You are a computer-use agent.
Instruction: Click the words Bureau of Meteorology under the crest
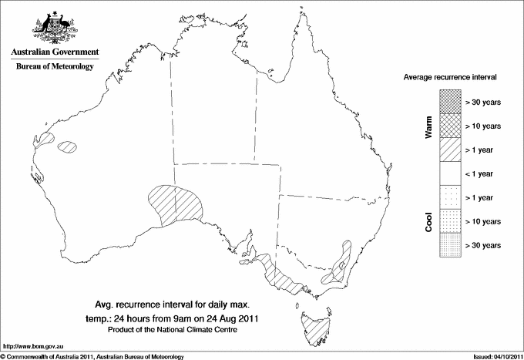[x=54, y=67]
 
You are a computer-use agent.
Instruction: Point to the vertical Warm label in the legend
[x=428, y=126]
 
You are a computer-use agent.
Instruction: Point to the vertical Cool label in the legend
[x=428, y=221]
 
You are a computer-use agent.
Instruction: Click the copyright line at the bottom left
[x=92, y=355]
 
